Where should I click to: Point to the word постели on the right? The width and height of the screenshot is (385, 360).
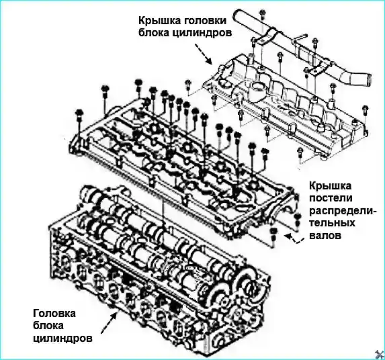click(x=331, y=198)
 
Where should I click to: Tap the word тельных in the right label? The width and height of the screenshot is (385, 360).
click(x=332, y=223)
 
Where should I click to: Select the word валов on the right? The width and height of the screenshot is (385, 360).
click(x=325, y=236)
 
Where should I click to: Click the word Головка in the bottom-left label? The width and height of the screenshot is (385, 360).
click(x=54, y=314)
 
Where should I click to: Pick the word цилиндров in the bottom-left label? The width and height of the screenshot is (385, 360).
click(x=63, y=339)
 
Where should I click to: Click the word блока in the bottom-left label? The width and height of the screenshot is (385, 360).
click(x=48, y=326)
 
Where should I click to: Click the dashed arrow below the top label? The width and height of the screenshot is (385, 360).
click(x=203, y=54)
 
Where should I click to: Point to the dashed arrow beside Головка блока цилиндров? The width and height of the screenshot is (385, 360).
click(x=108, y=324)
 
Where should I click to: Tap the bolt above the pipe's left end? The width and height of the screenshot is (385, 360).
click(x=263, y=15)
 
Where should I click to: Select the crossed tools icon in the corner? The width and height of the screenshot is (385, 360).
click(x=380, y=355)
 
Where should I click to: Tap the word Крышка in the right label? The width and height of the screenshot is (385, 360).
click(x=331, y=186)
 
